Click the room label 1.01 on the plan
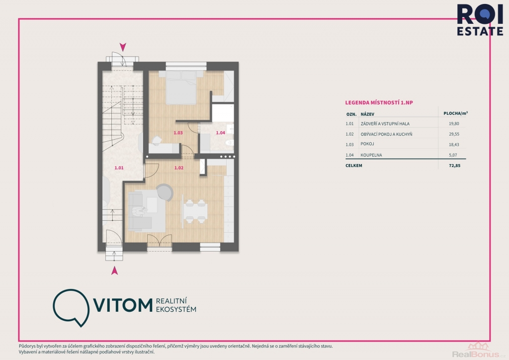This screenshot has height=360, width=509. click(119, 168)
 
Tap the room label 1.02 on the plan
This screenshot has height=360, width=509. click(179, 168)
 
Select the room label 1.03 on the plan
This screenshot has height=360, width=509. click(178, 133)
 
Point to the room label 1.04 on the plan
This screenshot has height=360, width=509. click(220, 133)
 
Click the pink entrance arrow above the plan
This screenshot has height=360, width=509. click(123, 47)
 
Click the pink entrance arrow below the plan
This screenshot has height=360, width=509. click(114, 270)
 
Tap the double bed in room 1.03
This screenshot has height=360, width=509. click(181, 88)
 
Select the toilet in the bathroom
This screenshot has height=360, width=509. click(230, 143)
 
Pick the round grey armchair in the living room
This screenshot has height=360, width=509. click(165, 192)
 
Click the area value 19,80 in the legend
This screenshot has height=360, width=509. click(454, 124)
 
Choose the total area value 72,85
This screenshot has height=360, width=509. click(454, 166)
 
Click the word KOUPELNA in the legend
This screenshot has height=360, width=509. click(371, 155)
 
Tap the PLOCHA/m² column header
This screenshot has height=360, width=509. click(455, 113)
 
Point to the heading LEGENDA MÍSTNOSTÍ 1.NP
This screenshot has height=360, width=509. click(379, 102)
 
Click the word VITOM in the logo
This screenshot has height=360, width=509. click(123, 305)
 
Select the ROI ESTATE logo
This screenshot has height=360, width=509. click(480, 20)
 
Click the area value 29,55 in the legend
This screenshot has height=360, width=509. click(454, 134)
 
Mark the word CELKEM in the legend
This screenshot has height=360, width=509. click(354, 166)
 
